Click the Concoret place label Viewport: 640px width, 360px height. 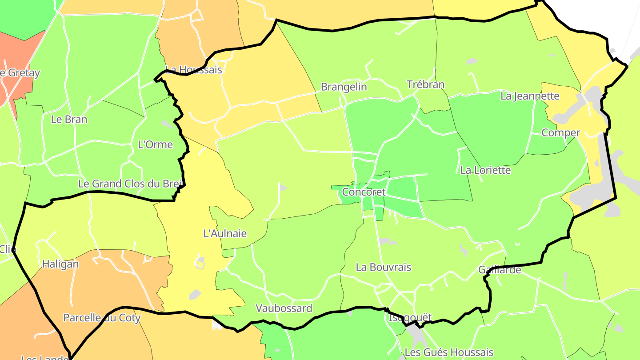click(x=364, y=192)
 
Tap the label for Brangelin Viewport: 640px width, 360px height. click(x=344, y=87)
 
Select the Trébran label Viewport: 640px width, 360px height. click(x=426, y=84)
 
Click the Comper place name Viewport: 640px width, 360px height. click(x=561, y=133)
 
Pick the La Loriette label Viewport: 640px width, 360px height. click(x=485, y=170)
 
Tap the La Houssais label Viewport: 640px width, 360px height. click(x=193, y=70)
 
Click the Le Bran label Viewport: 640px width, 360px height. click(x=69, y=120)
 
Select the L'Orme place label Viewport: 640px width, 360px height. click(x=155, y=144)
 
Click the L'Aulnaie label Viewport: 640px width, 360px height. click(x=225, y=233)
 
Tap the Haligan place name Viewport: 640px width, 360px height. click(x=60, y=264)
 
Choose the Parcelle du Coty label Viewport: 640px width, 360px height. click(x=102, y=318)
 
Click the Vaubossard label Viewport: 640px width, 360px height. click(x=284, y=308)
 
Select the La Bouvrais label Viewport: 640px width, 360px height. click(x=383, y=268)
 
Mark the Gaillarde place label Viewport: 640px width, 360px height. click(x=499, y=270)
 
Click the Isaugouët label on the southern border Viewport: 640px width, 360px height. click(x=410, y=318)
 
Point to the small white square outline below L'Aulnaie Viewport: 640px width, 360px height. click(x=200, y=265)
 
